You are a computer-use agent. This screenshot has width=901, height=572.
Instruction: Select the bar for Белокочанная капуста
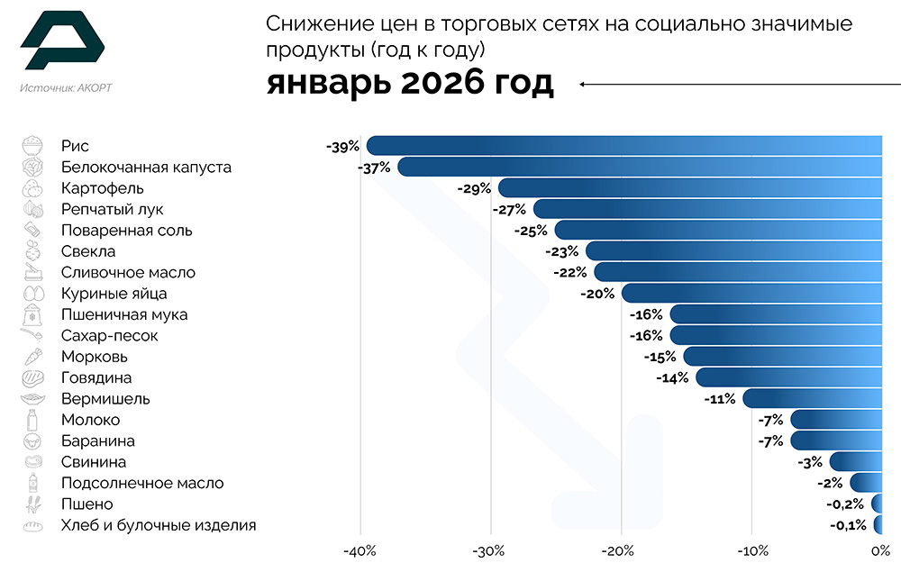coord(640,167)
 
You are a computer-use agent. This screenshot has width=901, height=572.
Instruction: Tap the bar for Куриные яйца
coord(751,293)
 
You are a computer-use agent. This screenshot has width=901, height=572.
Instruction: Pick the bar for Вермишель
coord(812,398)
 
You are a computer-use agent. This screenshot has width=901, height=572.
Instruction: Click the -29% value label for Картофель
coord(474,188)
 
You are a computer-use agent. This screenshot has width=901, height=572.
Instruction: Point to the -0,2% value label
coord(847,504)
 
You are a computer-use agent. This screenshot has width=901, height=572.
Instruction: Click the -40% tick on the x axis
coord(360,551)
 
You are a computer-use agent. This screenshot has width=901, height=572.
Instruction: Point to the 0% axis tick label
coord(880,551)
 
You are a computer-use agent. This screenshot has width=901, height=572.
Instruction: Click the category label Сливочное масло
coord(128,272)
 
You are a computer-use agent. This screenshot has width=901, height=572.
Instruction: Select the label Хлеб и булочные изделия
coord(159,525)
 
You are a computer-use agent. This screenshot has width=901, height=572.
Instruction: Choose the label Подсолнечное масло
coord(142,483)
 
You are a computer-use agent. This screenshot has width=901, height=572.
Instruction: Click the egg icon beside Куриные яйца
coord(32,294)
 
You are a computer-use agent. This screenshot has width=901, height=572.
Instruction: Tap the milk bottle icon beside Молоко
coord(32,420)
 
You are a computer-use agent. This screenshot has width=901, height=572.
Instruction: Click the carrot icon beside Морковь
coord(32,357)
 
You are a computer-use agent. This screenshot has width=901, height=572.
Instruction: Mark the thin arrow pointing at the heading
coord(739,84)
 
